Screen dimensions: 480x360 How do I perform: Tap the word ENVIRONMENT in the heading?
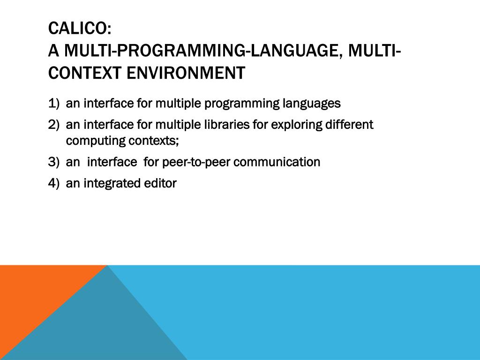[186, 73]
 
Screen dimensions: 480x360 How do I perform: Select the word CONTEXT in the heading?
[85, 73]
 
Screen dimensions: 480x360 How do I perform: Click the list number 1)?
[53, 104]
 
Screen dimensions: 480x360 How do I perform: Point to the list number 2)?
[53, 125]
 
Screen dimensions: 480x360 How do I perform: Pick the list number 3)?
[53, 162]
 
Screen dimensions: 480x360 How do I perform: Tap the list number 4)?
[53, 183]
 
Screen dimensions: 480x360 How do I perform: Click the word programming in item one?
[242, 104]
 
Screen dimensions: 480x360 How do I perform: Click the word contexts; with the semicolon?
[154, 141]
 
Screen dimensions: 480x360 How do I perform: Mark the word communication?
[277, 162]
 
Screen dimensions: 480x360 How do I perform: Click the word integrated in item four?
[108, 184]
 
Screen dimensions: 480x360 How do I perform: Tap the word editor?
[156, 183]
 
